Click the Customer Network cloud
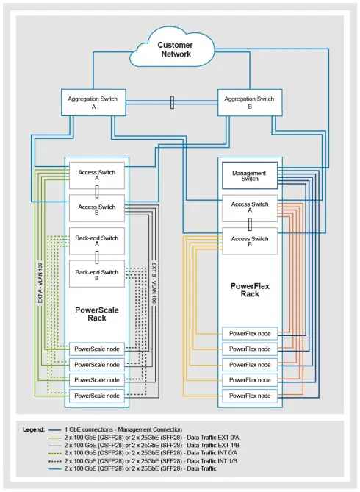175,49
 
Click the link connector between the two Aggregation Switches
172,102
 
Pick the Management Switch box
249,176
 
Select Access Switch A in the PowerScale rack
97,176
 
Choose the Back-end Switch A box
97,242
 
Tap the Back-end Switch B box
97,275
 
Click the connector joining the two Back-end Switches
97,259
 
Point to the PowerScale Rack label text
97,314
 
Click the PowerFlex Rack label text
249,288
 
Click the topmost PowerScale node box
97,348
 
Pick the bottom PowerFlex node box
249,396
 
